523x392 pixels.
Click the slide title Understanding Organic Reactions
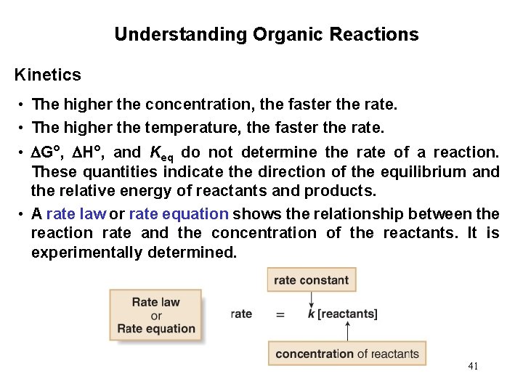(x=266, y=34)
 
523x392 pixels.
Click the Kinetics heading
(x=48, y=74)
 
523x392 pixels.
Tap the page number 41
(x=473, y=366)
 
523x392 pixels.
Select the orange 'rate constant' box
(x=311, y=280)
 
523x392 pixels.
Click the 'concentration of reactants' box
(x=347, y=354)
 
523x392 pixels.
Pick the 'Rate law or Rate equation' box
(x=156, y=315)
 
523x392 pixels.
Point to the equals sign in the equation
(x=280, y=314)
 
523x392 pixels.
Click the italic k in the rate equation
(x=311, y=314)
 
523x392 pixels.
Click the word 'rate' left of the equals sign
(x=241, y=314)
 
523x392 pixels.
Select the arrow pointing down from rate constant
(x=311, y=298)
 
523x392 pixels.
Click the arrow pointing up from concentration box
(x=348, y=332)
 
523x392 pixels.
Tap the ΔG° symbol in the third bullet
(x=48, y=152)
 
